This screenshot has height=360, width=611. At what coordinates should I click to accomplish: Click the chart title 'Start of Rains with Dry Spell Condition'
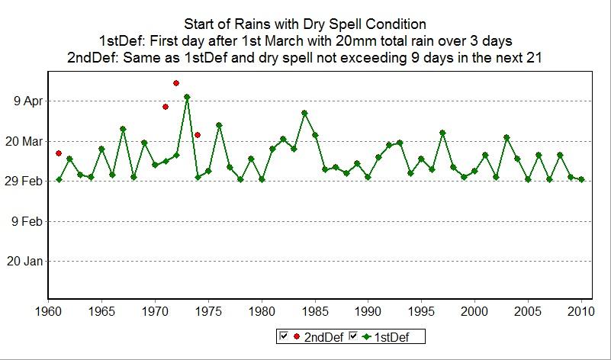(305, 24)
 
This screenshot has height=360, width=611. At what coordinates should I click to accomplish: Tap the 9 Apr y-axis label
(27, 101)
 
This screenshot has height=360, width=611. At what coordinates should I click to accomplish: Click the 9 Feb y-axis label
(27, 221)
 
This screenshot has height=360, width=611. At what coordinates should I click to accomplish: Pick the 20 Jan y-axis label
(26, 262)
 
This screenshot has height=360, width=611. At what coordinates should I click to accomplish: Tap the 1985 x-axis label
(315, 312)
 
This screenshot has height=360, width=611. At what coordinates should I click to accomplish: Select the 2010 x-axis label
(581, 312)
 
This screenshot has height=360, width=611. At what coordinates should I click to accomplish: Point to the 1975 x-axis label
(208, 312)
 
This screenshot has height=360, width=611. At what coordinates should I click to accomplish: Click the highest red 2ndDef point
(176, 82)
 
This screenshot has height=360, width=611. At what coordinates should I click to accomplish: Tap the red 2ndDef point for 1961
(59, 153)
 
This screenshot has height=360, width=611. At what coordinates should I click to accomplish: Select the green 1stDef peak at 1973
(187, 97)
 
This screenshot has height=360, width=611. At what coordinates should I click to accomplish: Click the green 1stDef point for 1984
(304, 113)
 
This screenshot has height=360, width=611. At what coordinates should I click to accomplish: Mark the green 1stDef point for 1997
(442, 133)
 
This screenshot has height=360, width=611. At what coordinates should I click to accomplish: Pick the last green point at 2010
(581, 179)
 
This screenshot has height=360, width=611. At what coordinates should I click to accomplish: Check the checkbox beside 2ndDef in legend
(283, 336)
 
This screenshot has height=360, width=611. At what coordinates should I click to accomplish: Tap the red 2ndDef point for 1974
(198, 135)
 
